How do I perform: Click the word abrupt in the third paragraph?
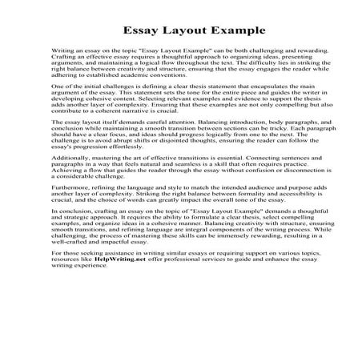(120, 177)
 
